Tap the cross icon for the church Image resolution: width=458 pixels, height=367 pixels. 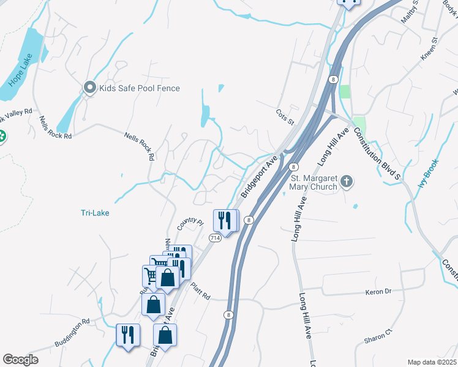coord(347,181)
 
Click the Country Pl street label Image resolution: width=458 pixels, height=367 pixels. coord(189,224)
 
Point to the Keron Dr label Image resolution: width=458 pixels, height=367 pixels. coord(378,292)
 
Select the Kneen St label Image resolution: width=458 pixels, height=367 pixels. coord(430,50)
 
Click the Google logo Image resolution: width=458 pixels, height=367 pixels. coord(21,360)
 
